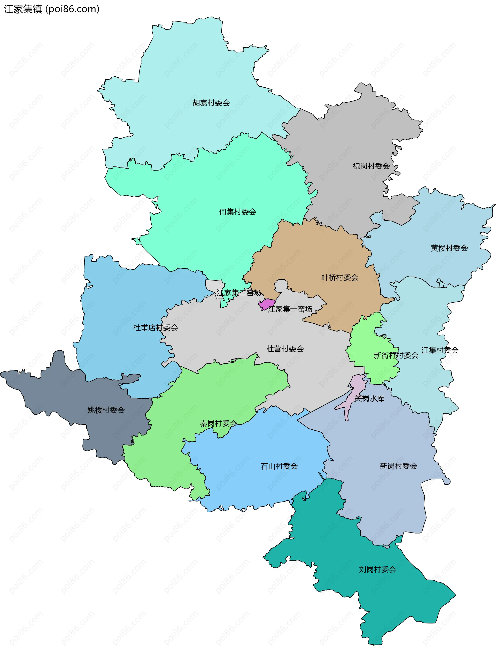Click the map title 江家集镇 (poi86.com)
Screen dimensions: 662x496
[x=51, y=9]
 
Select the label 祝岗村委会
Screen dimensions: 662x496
[x=371, y=166]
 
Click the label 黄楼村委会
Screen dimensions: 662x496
[x=449, y=248]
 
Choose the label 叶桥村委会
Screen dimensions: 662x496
[x=340, y=278]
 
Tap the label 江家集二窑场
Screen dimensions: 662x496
[x=239, y=293]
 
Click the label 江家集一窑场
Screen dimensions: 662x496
[x=290, y=309]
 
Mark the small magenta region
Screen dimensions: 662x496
[x=266, y=304]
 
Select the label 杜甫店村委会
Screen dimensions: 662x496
[x=156, y=328]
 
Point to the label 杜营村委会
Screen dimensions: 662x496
[x=285, y=349]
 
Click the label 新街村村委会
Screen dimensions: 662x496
[x=396, y=355]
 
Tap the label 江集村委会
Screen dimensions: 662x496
[x=440, y=350]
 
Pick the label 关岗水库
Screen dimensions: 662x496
[x=369, y=399]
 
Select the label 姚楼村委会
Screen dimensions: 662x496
[x=106, y=410]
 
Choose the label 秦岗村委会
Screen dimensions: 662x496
[x=218, y=423]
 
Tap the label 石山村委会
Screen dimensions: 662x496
[x=279, y=466]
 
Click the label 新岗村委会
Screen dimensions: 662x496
[x=398, y=466]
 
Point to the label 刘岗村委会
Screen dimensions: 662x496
[x=377, y=569]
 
